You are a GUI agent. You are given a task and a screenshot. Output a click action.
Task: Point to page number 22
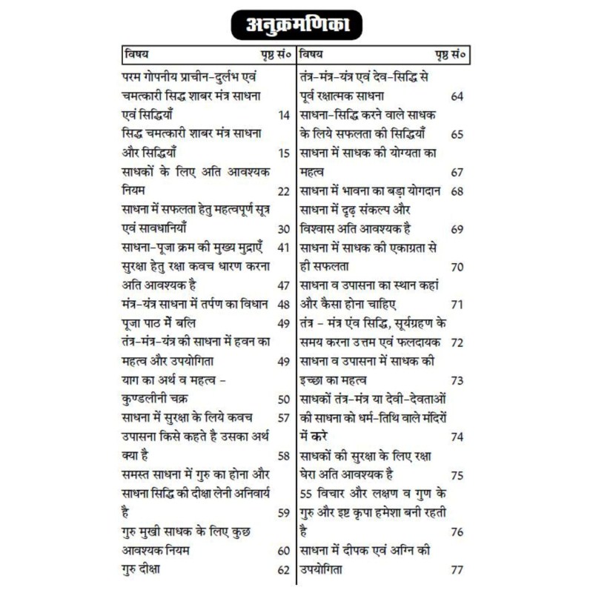pyautogui.click(x=283, y=191)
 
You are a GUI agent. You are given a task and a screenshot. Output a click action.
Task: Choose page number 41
pyautogui.click(x=283, y=248)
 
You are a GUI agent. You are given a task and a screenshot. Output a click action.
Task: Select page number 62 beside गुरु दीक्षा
pyautogui.click(x=283, y=570)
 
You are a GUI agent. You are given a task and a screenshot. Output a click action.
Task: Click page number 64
pyautogui.click(x=457, y=96)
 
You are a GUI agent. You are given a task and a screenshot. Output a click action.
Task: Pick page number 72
pyautogui.click(x=457, y=342)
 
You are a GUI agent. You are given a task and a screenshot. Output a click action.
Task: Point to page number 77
pyautogui.click(x=457, y=570)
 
